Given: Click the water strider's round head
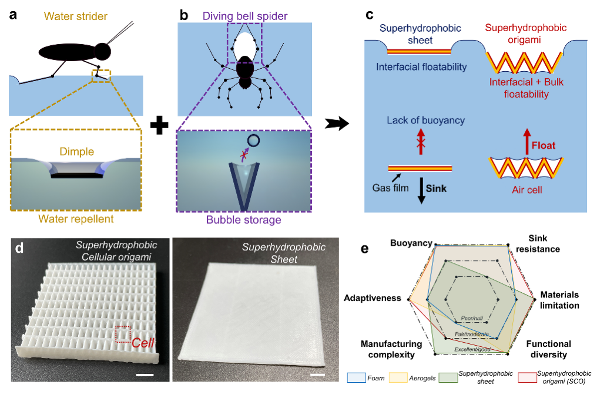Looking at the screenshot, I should [x=103, y=51].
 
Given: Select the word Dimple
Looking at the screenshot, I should [x=77, y=152].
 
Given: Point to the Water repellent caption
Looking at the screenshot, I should [x=76, y=219].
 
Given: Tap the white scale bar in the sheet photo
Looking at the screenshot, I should [x=318, y=373].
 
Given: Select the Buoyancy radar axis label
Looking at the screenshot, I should [x=412, y=242].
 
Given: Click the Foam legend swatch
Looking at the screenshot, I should [x=354, y=377].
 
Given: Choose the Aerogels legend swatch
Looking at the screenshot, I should [x=405, y=377].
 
